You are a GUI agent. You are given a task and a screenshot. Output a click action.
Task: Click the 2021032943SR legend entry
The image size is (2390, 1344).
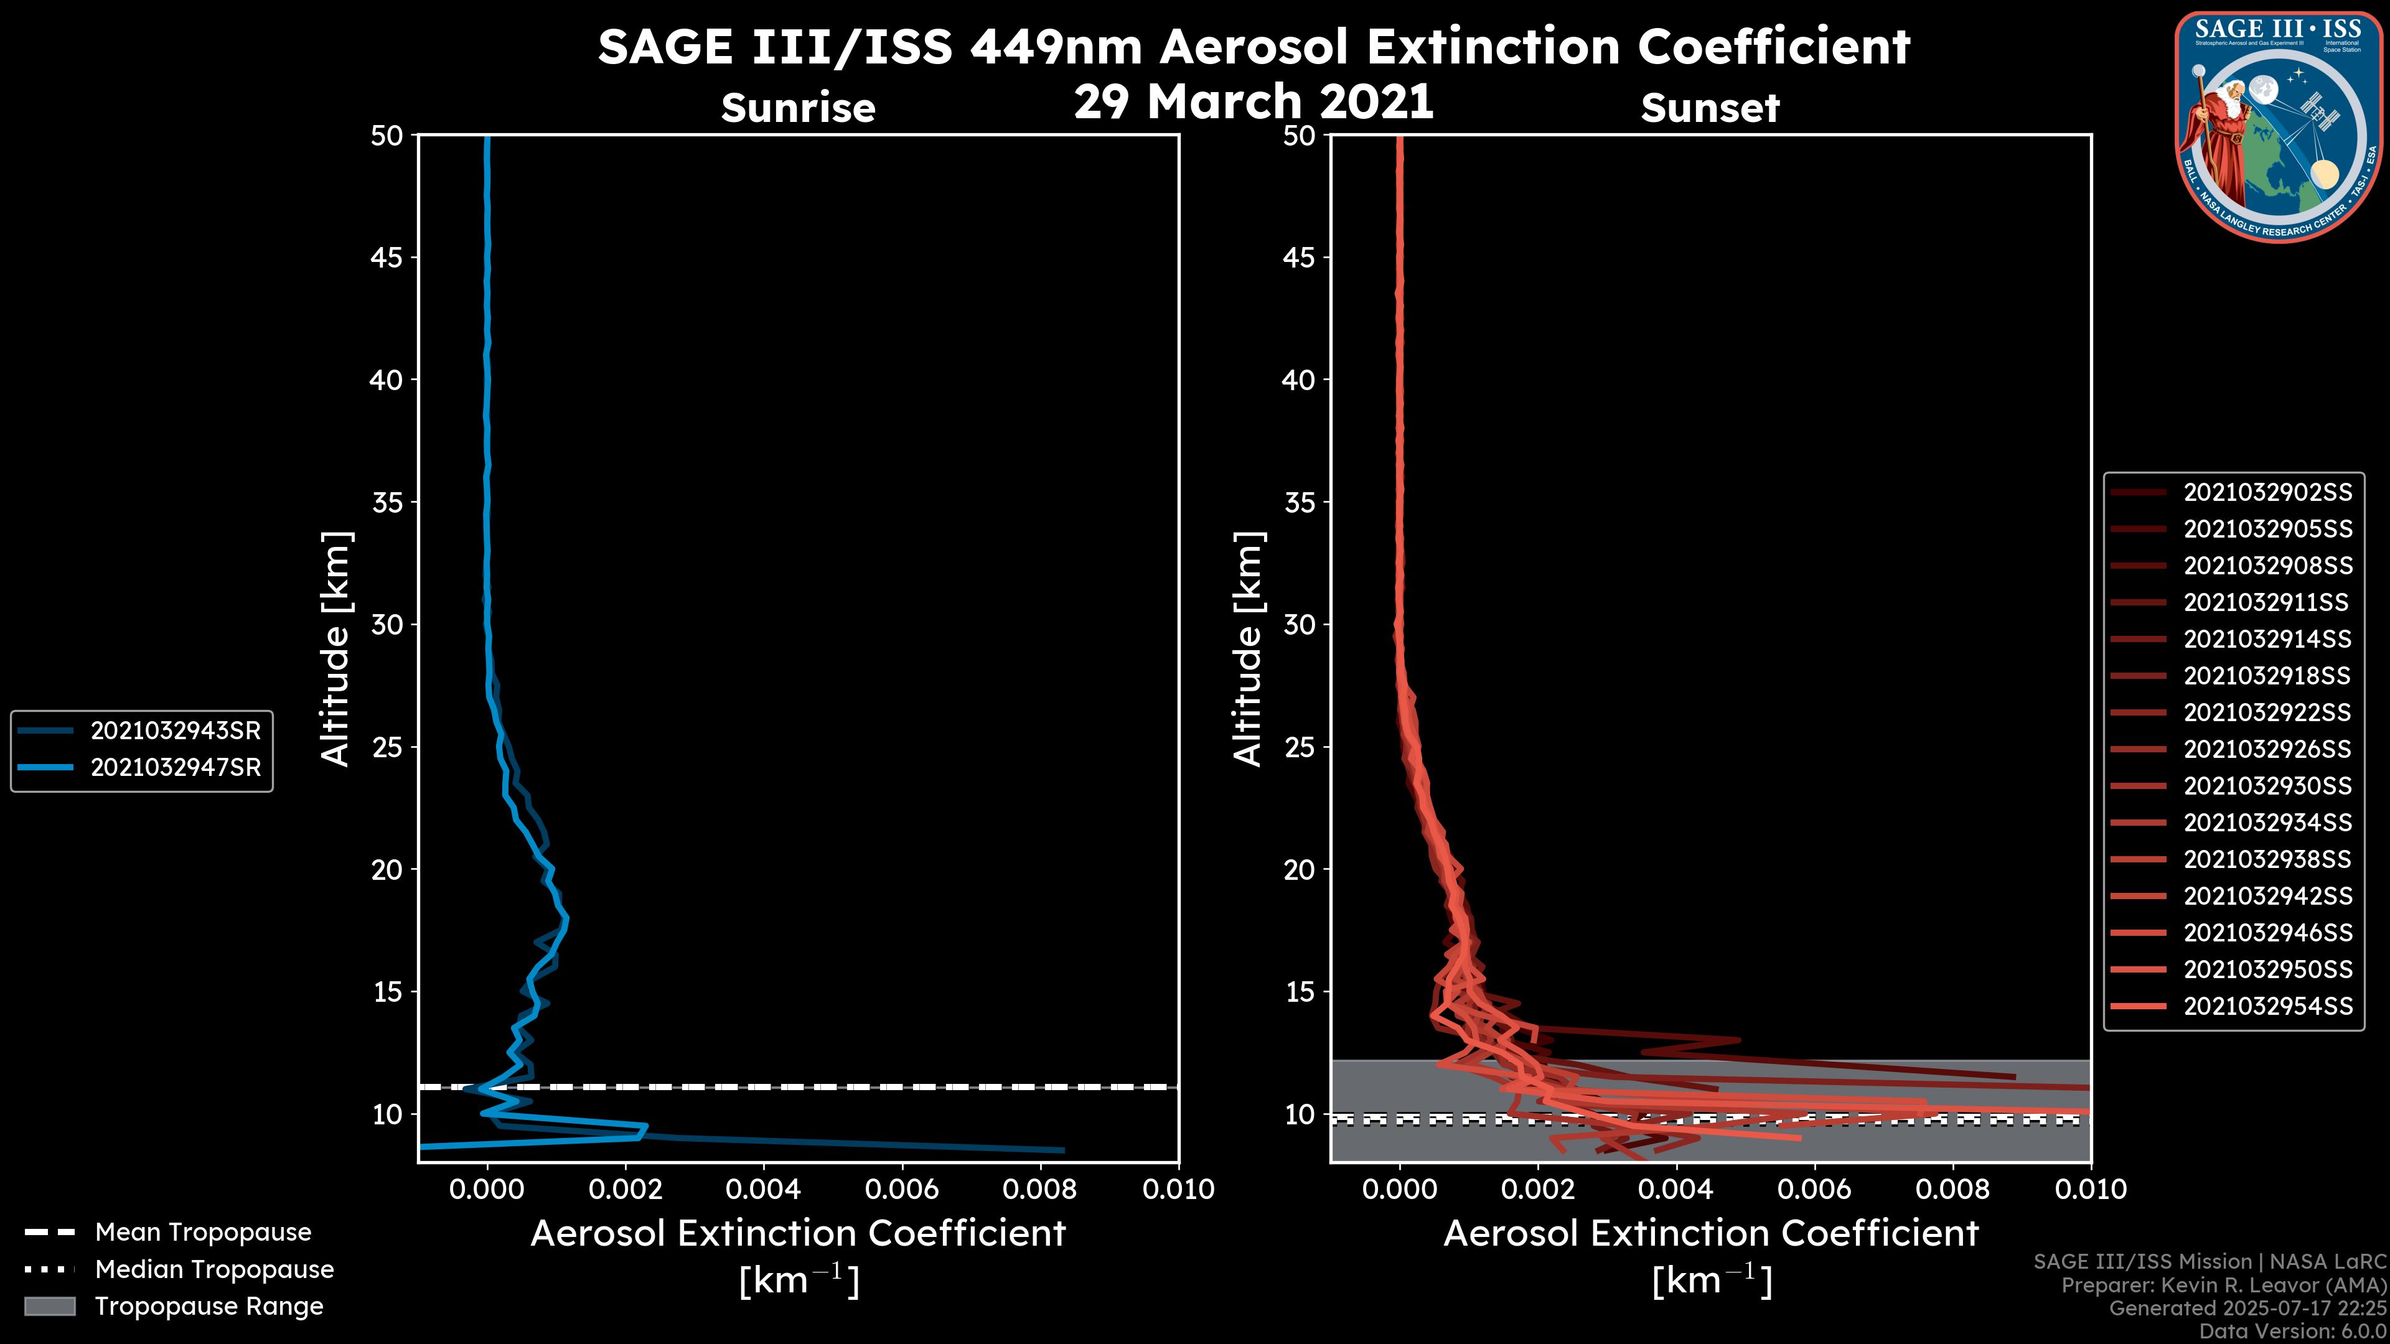176,731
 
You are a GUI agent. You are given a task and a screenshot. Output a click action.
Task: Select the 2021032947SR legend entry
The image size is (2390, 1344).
176,768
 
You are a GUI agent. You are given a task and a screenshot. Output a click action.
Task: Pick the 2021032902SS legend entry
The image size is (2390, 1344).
2267,493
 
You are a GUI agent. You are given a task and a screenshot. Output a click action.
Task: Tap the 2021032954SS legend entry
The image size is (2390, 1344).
2267,1006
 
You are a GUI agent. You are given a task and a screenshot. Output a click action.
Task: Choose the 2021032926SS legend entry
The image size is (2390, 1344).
2267,749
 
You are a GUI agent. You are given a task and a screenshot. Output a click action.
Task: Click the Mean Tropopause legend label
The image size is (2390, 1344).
203,1232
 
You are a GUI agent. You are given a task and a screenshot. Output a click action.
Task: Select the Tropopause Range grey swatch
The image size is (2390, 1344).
49,1306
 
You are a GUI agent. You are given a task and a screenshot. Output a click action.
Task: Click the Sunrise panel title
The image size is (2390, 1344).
798,108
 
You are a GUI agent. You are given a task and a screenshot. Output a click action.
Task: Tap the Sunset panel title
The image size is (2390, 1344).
1710,108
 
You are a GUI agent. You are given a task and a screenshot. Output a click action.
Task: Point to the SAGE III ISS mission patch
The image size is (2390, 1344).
2280,126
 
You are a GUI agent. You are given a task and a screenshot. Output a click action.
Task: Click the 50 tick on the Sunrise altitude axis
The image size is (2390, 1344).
387,136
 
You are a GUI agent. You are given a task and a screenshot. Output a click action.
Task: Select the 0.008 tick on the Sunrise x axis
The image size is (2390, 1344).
1040,1189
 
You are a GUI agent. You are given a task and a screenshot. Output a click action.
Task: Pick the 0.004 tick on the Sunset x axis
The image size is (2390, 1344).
1677,1189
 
